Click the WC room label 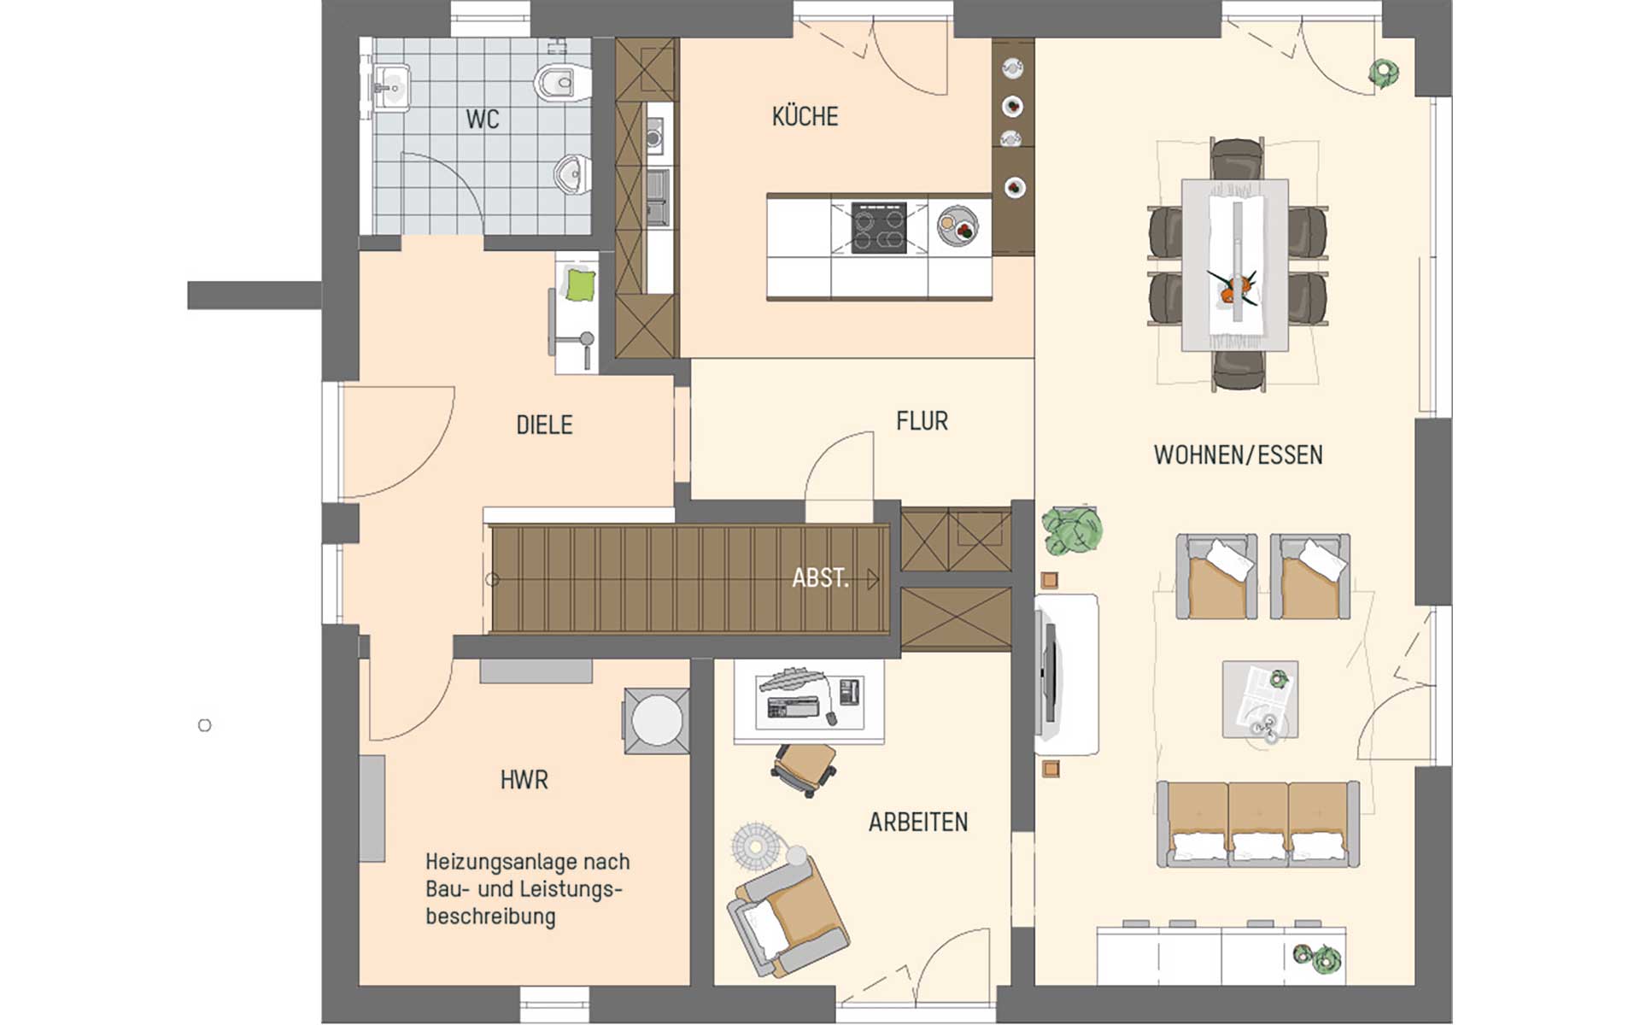(483, 119)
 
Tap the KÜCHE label (805, 116)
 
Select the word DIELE (544, 425)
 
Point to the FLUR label (922, 421)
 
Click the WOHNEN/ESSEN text (1238, 454)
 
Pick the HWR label (524, 780)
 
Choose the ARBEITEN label (918, 822)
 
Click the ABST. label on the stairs (820, 578)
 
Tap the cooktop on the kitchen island (879, 228)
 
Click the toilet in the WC (563, 83)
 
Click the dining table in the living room (1235, 265)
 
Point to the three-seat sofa (1258, 823)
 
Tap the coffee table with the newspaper (1260, 699)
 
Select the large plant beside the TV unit (1072, 530)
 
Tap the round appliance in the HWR (656, 721)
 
